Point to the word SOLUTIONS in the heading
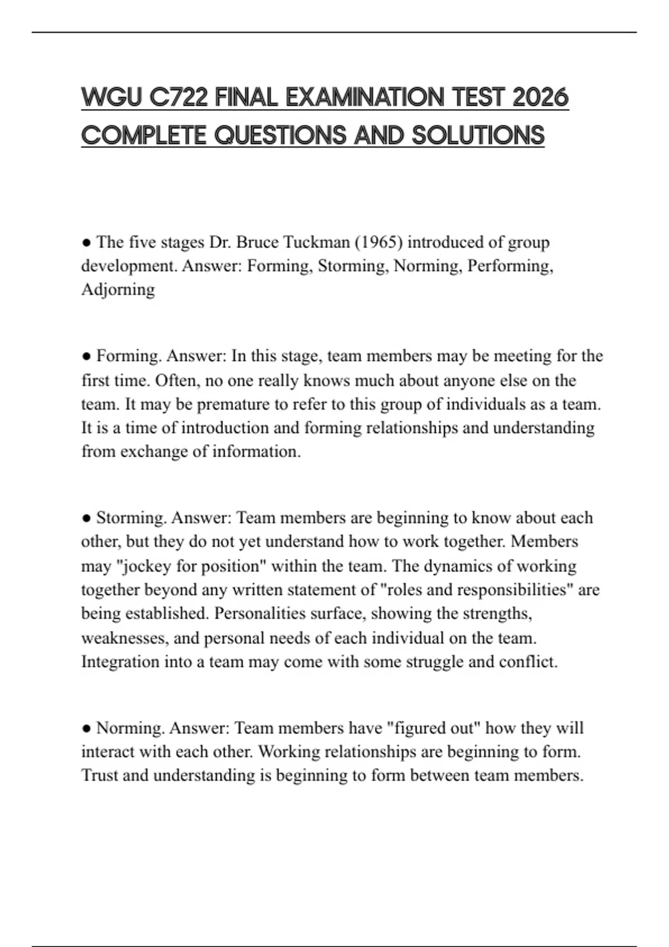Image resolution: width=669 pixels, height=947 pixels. pyautogui.click(x=478, y=135)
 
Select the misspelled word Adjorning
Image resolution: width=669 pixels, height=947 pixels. pyautogui.click(x=118, y=290)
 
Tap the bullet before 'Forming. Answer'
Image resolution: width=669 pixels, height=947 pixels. pyautogui.click(x=86, y=356)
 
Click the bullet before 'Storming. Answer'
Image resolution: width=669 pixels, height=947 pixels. pyautogui.click(x=86, y=518)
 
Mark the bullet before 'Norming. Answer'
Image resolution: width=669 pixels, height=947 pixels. pyautogui.click(x=86, y=728)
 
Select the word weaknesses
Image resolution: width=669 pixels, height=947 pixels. pyautogui.click(x=124, y=638)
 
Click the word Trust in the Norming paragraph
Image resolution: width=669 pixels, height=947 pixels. pyautogui.click(x=99, y=775)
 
